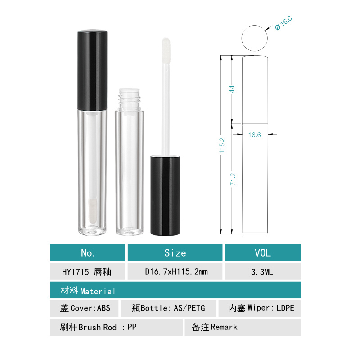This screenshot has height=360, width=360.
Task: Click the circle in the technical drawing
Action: (254, 38)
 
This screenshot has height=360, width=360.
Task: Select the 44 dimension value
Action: (233, 89)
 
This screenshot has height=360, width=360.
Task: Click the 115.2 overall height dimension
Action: (222, 145)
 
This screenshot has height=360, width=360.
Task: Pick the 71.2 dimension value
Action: (233, 179)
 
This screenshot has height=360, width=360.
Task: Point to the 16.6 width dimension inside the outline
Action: (255, 135)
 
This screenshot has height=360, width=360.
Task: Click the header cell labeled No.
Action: (88, 253)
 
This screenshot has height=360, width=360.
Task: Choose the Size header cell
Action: (175, 253)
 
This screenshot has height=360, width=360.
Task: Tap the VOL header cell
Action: (262, 253)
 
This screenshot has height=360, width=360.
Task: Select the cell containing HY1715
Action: (88, 272)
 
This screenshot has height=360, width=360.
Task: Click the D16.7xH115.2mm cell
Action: (175, 272)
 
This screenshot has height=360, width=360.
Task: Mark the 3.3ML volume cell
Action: (262, 272)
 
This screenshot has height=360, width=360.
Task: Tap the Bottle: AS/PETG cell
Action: (169, 308)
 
